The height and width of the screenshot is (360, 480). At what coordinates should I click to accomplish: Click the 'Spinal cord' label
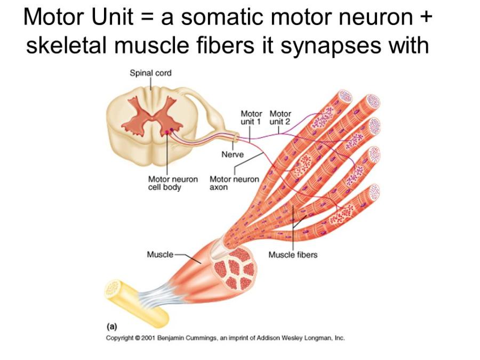point(151,73)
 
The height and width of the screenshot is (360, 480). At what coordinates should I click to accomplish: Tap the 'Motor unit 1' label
point(251,118)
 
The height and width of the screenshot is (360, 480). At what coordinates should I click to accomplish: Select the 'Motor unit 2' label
point(280,118)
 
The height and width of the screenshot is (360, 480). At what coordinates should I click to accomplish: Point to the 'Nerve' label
point(233,155)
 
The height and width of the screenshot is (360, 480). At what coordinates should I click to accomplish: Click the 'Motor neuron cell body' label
point(173,183)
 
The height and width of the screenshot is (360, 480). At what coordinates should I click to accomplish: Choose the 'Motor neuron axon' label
point(234,183)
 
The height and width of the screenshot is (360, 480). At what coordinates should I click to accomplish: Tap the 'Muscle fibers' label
point(293,255)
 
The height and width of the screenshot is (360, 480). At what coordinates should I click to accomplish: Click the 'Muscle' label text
point(160,255)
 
